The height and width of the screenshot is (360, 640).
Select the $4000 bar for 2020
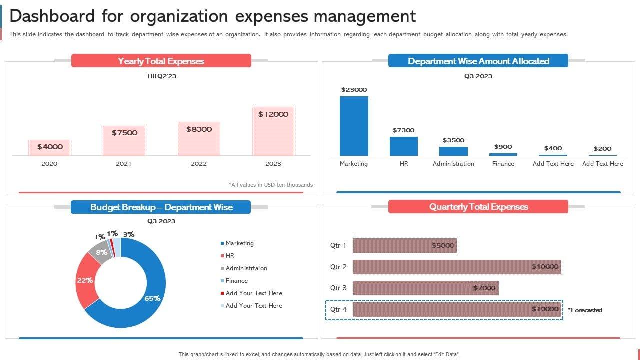tap(49, 147)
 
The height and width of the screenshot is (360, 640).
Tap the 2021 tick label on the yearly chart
tap(124, 164)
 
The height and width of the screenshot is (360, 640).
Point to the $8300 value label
tap(199, 129)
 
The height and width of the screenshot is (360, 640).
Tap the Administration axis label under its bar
tap(453, 164)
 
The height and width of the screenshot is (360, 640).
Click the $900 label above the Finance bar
tap(503, 147)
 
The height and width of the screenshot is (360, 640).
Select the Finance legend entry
tap(236, 281)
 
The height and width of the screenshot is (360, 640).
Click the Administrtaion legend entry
tap(246, 268)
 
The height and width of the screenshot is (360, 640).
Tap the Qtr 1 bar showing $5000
tap(405, 245)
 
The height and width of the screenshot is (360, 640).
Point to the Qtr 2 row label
tap(338, 267)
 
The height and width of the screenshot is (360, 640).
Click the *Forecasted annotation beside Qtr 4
tap(585, 310)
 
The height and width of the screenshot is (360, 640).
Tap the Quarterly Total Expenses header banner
tap(478, 207)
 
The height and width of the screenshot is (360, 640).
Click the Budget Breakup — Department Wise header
tap(161, 207)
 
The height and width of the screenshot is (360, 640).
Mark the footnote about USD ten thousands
tap(271, 185)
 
